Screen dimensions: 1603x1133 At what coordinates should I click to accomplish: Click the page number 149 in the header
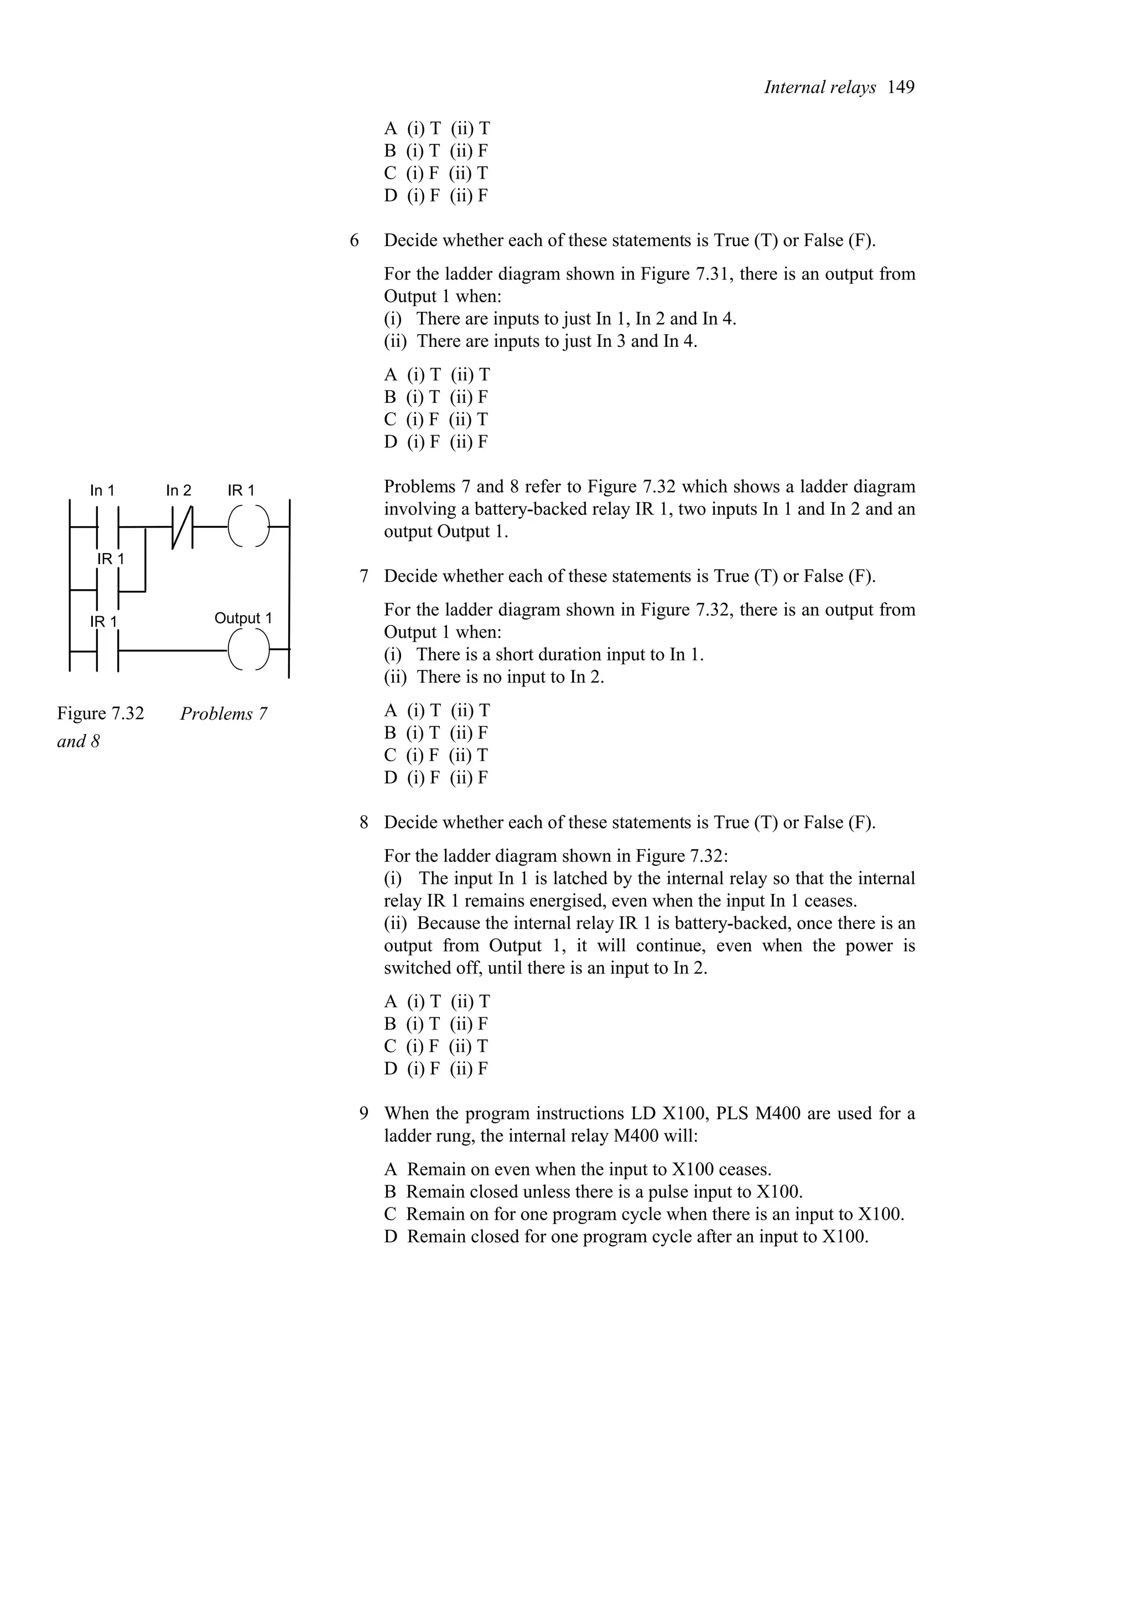[901, 87]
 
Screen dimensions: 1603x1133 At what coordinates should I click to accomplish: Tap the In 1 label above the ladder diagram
[102, 491]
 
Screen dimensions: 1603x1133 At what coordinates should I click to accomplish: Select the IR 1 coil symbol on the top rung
[248, 525]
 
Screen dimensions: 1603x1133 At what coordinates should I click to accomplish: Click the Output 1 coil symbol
[248, 650]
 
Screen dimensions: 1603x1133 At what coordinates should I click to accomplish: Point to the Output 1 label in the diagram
[242, 618]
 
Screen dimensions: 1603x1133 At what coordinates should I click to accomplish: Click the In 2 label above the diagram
[178, 491]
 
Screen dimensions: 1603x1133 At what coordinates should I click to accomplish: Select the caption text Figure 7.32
[101, 714]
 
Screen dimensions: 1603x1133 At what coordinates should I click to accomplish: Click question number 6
[355, 241]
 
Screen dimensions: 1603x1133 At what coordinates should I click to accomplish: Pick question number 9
[363, 1113]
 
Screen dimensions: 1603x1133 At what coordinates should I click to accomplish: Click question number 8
[363, 823]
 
